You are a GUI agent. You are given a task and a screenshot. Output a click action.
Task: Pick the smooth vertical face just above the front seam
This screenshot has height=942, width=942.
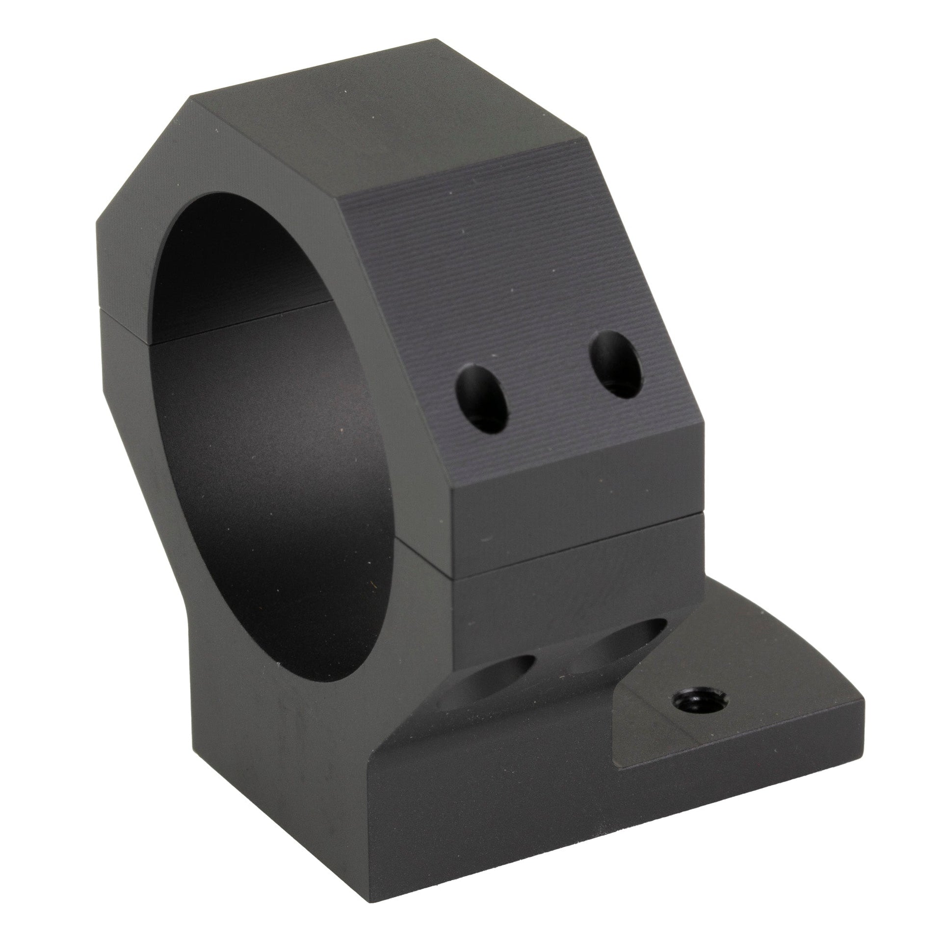tap(574, 491)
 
